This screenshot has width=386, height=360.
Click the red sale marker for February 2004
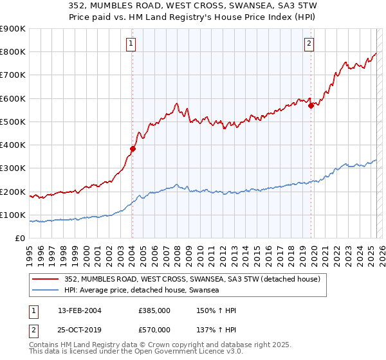pyautogui.click(x=133, y=148)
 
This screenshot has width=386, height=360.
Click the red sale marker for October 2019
pyautogui.click(x=311, y=106)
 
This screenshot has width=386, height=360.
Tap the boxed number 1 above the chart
pyautogui.click(x=131, y=44)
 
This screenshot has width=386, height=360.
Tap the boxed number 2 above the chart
pyautogui.click(x=309, y=44)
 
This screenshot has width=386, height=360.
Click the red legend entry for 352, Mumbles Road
pyautogui.click(x=197, y=278)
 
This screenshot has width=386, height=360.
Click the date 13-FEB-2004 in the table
pyautogui.click(x=80, y=310)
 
